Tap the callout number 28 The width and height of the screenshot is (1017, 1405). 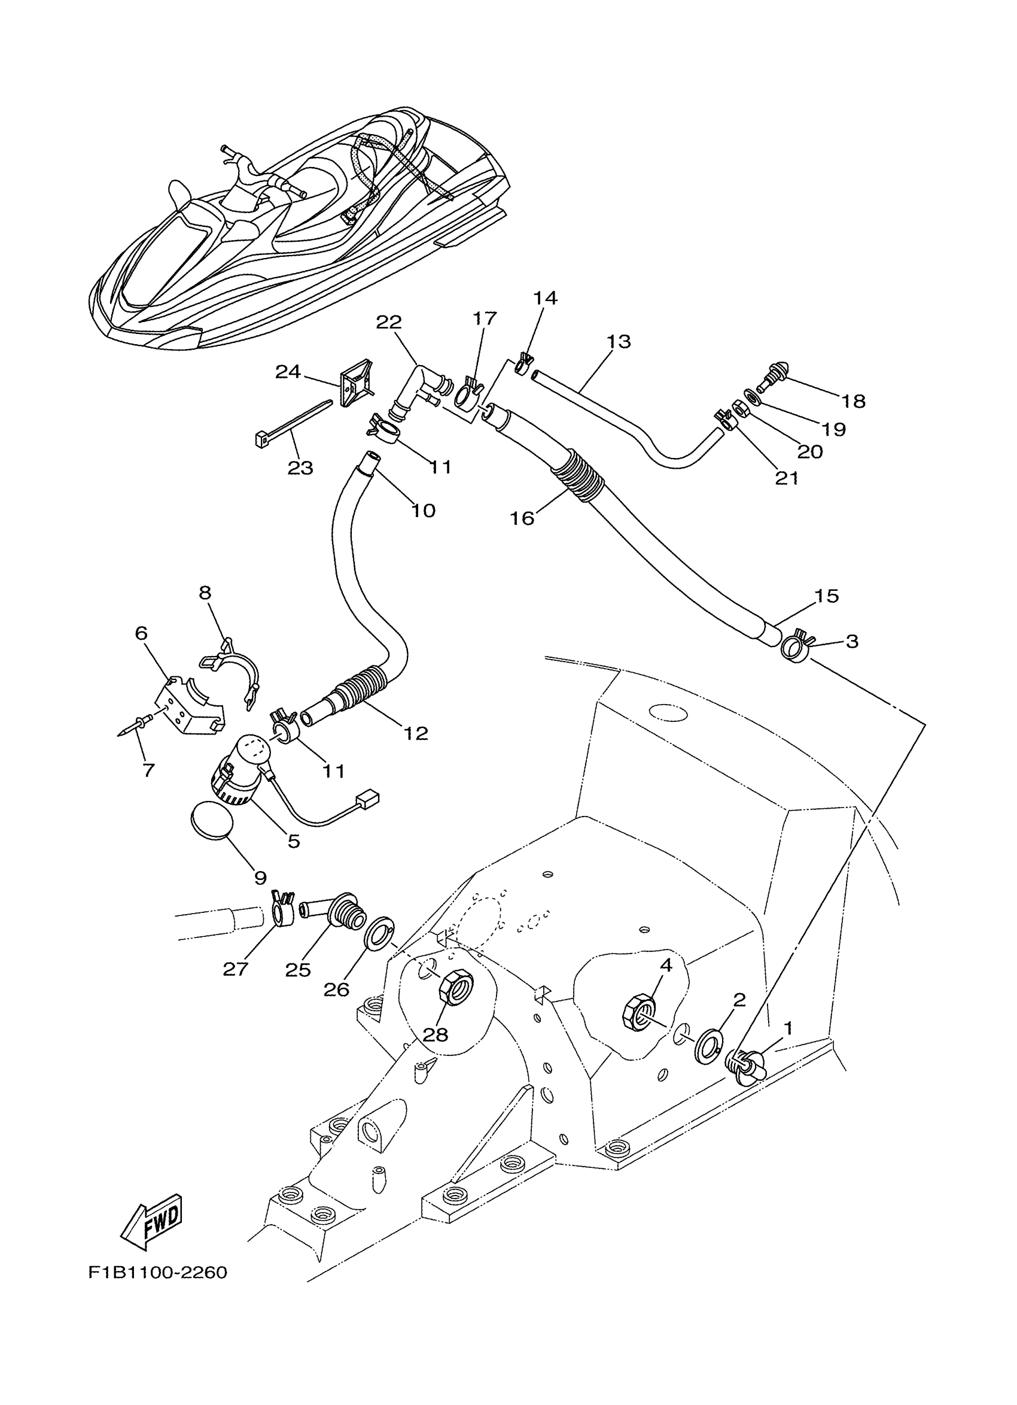435,1034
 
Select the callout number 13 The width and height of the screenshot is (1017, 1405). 619,341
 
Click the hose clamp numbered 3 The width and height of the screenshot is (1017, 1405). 794,648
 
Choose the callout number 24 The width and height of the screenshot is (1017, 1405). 288,372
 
